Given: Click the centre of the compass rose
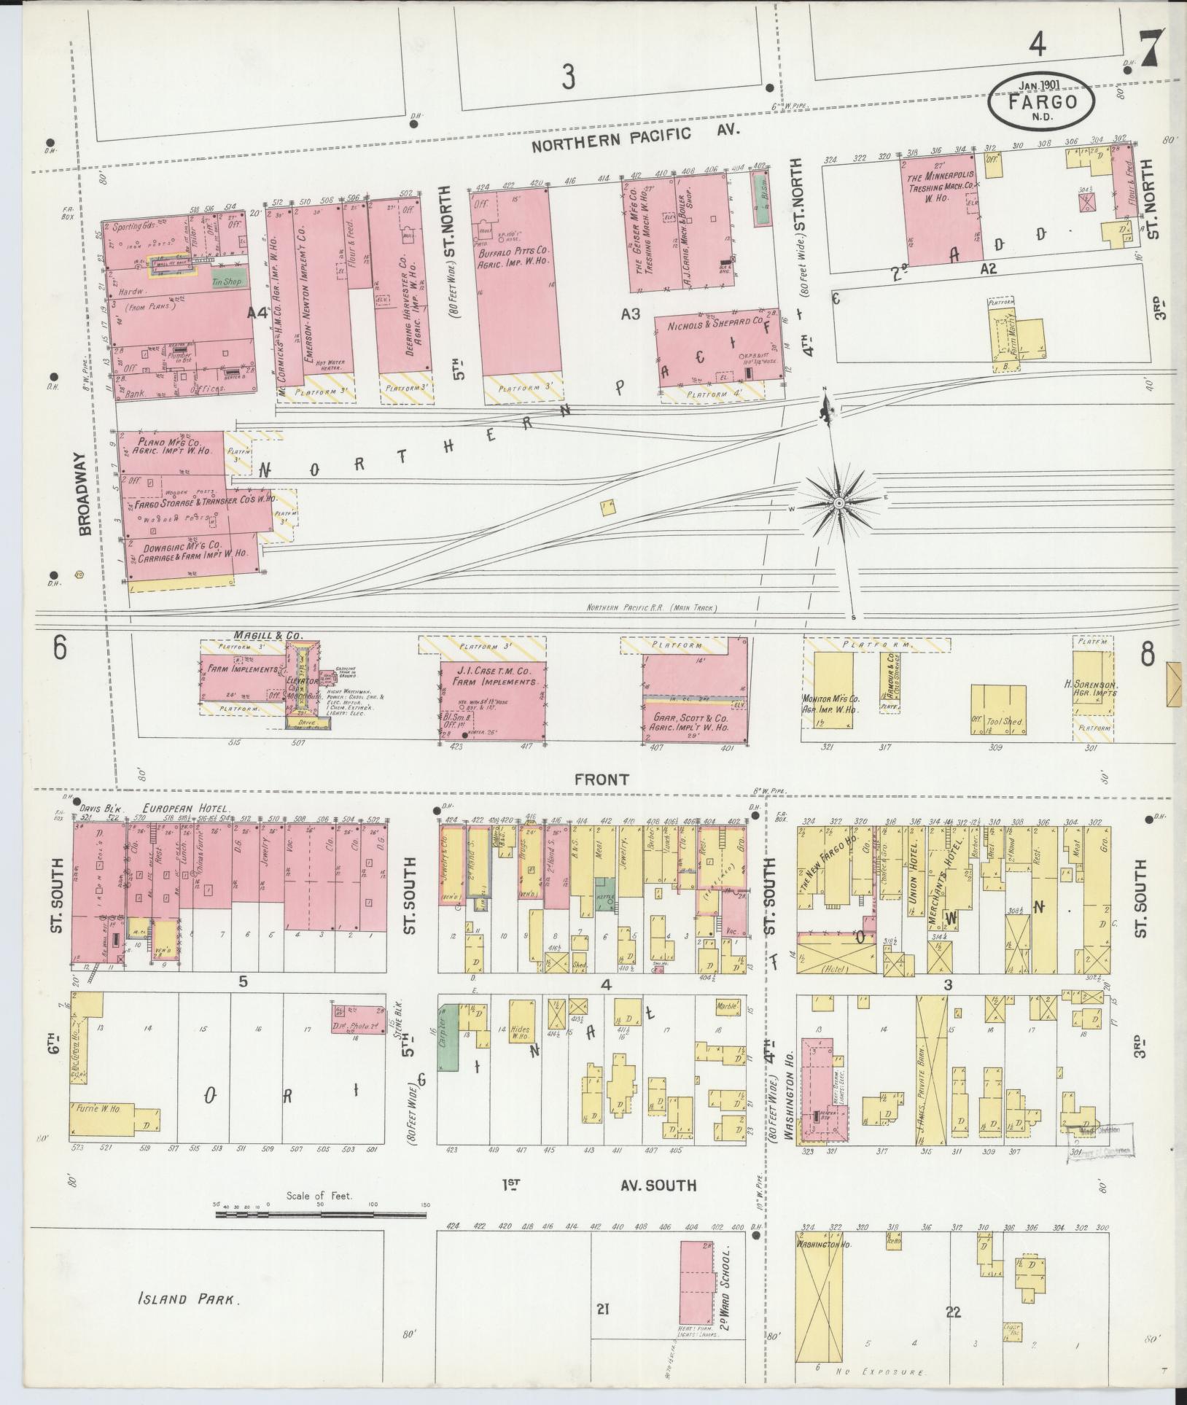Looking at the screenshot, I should [x=840, y=503].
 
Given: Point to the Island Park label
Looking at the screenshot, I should [x=188, y=1299].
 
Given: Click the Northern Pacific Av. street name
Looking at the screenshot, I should [x=635, y=136].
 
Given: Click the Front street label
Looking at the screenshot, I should [x=601, y=779].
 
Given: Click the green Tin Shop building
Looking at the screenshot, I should [x=227, y=279].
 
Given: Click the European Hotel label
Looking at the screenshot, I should [x=187, y=809].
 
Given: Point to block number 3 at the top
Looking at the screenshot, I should [x=568, y=76].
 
